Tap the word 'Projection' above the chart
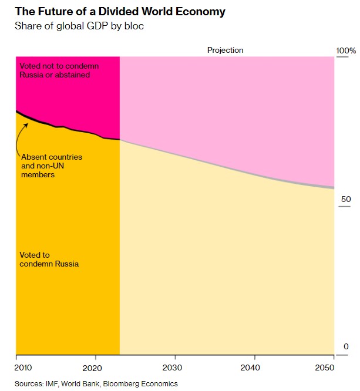[x=225, y=50]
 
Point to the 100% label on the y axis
[x=346, y=51]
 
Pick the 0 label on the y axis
[x=346, y=346]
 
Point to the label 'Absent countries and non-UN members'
[x=51, y=166]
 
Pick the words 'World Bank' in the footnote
[x=76, y=383]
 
